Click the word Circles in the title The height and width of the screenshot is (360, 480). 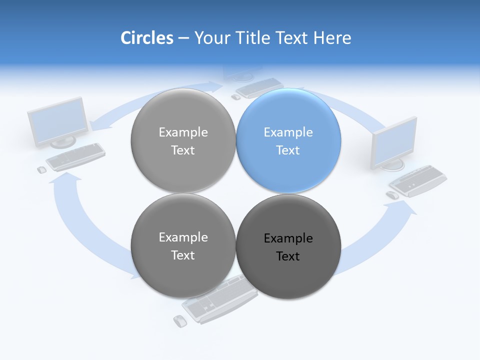pyautogui.click(x=146, y=38)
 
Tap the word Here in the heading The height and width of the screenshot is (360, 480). pyautogui.click(x=332, y=38)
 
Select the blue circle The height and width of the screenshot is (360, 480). pyautogui.click(x=288, y=140)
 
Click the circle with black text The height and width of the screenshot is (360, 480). pyautogui.click(x=288, y=246)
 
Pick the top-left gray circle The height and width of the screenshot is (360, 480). pyautogui.click(x=183, y=140)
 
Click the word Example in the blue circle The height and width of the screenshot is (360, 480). pyautogui.click(x=288, y=132)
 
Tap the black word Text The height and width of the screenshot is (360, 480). pyautogui.click(x=288, y=256)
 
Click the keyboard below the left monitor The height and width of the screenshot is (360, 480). pyautogui.click(x=76, y=156)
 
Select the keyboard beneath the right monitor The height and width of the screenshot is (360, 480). pyautogui.click(x=418, y=180)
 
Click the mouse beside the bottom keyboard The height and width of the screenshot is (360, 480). pyautogui.click(x=179, y=320)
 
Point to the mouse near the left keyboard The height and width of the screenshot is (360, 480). pyautogui.click(x=42, y=169)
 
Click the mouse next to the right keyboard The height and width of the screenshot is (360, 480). pyautogui.click(x=393, y=195)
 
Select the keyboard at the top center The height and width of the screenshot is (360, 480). pyautogui.click(x=259, y=87)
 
